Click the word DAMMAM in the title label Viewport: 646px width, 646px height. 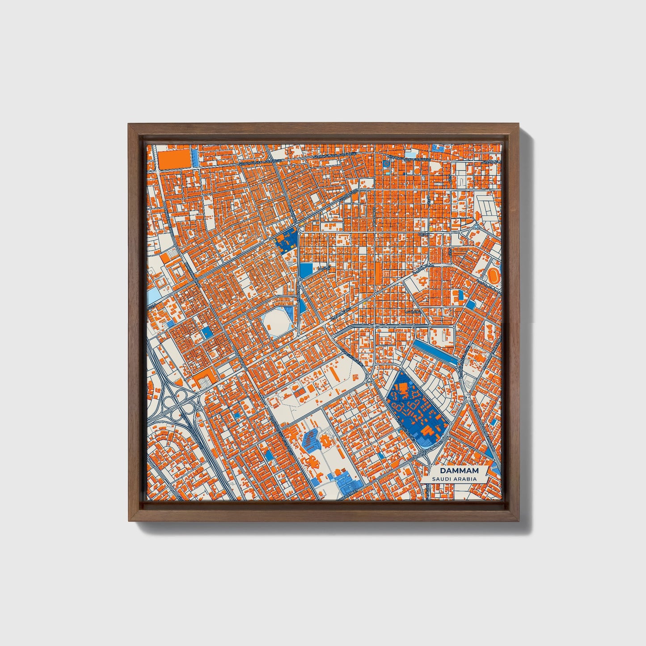click(x=459, y=471)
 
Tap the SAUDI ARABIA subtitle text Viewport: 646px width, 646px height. click(x=454, y=479)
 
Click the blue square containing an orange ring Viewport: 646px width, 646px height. click(x=386, y=165)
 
